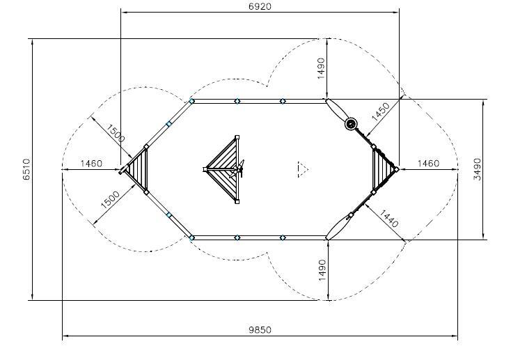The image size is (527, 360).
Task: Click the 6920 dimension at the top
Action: tap(260, 6)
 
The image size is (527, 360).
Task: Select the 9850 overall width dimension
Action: tap(260, 330)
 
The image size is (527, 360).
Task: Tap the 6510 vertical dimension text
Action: tap(27, 169)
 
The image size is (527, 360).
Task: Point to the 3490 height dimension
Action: tap(478, 169)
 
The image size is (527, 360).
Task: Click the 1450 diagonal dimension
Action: tap(381, 111)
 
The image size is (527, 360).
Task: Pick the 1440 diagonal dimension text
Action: tap(389, 219)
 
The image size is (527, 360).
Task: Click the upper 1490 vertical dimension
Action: tap(322, 68)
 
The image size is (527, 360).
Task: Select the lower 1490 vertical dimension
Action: tap(322, 270)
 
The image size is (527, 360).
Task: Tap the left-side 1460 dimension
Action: tap(91, 164)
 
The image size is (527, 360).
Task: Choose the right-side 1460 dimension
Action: tap(428, 164)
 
